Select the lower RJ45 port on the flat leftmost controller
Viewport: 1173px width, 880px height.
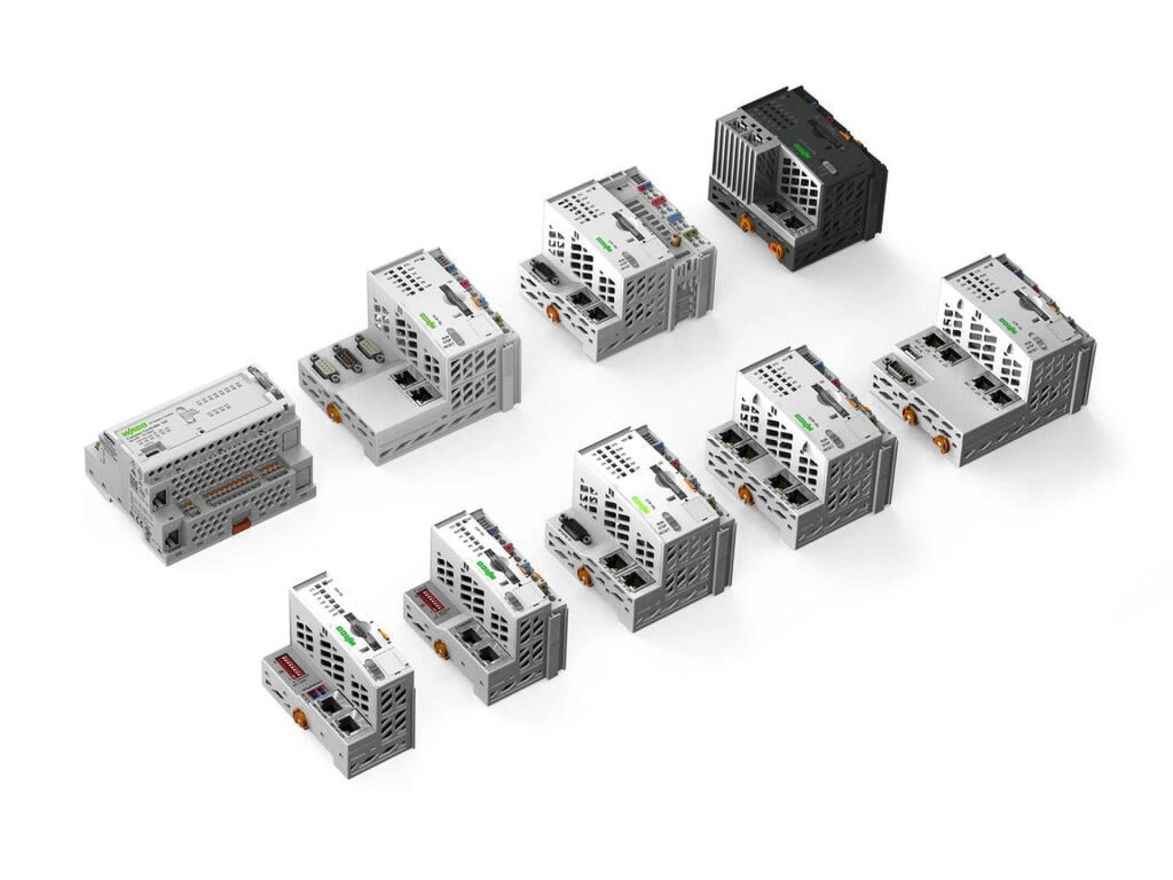coord(171,538)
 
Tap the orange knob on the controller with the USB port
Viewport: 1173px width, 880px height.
coord(910,416)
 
